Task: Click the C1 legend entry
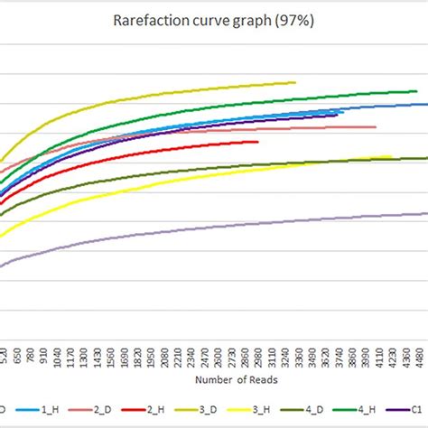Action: [x=417, y=407]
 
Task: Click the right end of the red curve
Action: [x=258, y=141]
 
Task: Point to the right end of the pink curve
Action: [x=376, y=126]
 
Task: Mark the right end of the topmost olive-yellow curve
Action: [x=295, y=82]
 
